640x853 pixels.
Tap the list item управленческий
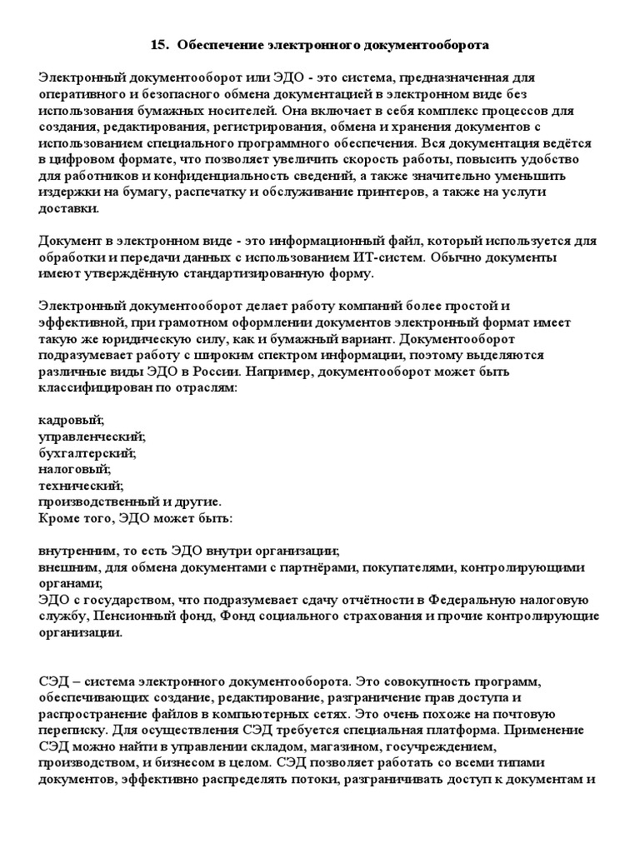pos(92,436)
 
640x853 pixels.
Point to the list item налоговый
pos(75,469)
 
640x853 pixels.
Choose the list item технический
pos(81,485)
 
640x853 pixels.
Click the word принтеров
pos(426,192)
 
